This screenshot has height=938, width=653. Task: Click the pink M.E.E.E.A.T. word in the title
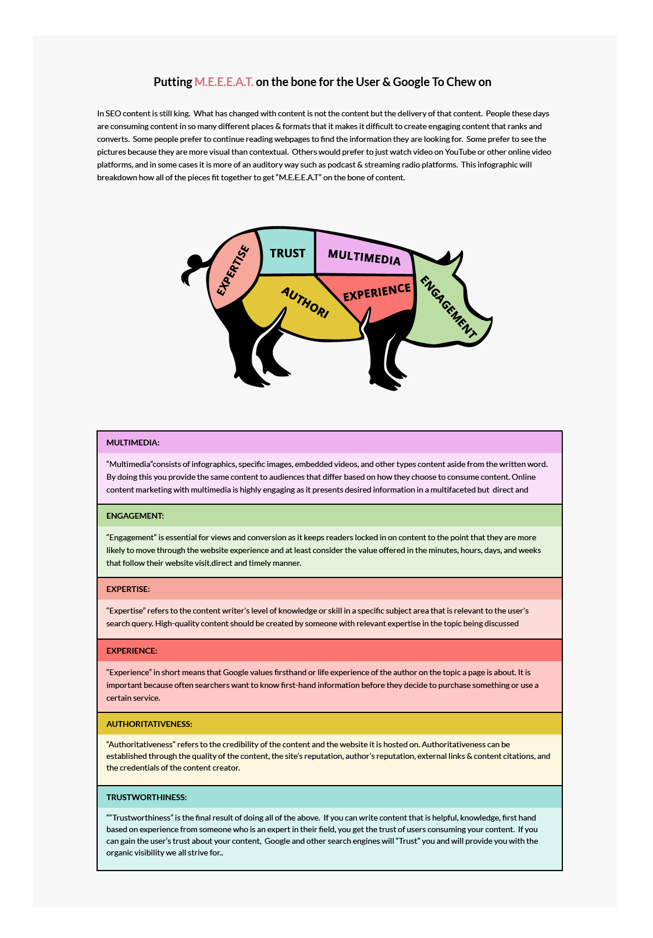(224, 82)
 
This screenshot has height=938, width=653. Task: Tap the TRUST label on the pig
(287, 253)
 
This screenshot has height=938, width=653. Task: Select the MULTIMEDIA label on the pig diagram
(364, 256)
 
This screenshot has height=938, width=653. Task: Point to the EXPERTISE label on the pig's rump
(233, 270)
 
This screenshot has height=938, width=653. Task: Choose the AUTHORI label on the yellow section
(305, 302)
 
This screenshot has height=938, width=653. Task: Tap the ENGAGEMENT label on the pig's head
(448, 307)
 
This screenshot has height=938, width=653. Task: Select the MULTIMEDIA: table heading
(133, 443)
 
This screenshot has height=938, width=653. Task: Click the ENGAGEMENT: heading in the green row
(135, 516)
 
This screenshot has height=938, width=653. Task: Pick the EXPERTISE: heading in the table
(128, 589)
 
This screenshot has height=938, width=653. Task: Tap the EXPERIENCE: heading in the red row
(131, 651)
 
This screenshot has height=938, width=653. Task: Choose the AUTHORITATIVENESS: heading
(149, 724)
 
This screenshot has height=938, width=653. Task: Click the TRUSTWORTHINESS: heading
(147, 797)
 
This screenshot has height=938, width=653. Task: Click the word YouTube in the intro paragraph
(460, 152)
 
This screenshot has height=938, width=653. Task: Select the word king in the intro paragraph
(181, 113)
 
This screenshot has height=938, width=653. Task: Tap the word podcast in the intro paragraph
(341, 165)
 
